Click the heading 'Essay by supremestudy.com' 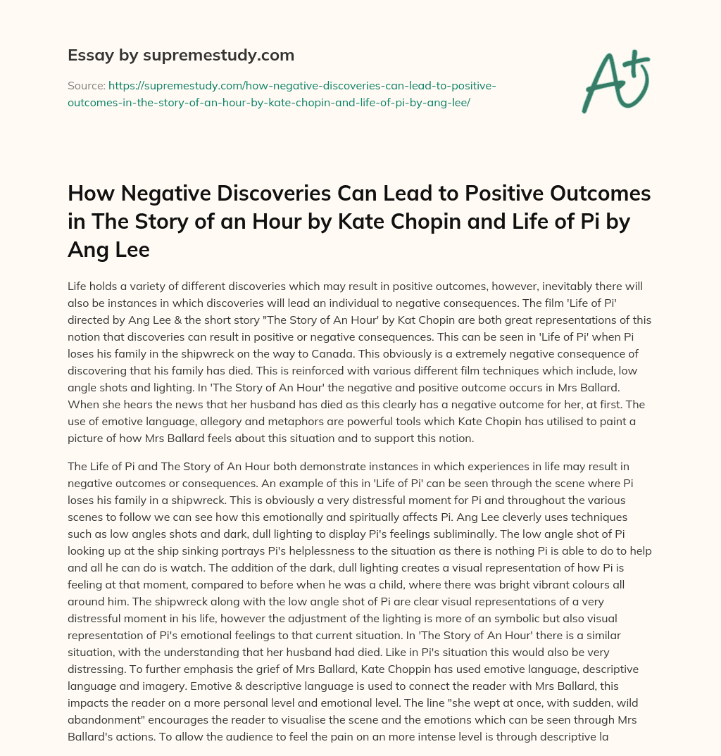181,55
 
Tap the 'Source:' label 86,85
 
